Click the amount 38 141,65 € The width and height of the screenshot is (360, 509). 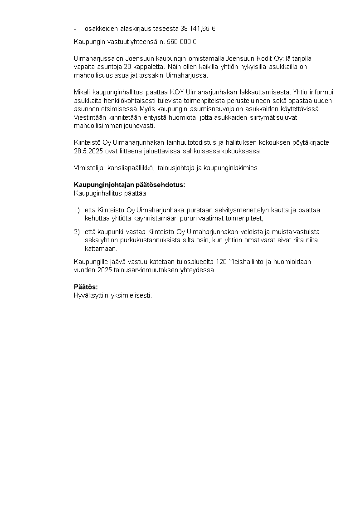pyautogui.click(x=198, y=29)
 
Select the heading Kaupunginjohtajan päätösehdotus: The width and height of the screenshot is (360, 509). pyautogui.click(x=129, y=185)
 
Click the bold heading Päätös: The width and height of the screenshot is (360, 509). pyautogui.click(x=86, y=287)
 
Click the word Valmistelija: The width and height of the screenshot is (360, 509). pyautogui.click(x=89, y=168)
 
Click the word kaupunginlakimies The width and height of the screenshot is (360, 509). pyautogui.click(x=231, y=168)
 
